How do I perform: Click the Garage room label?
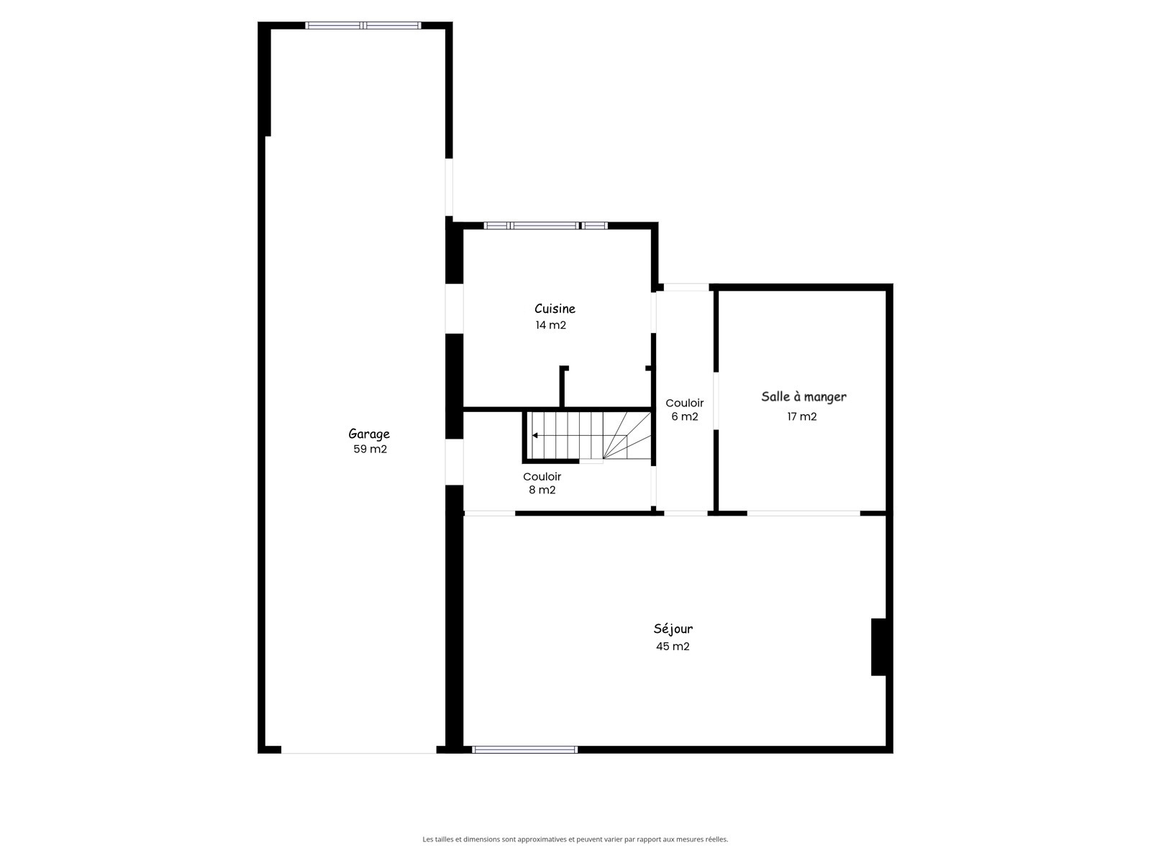[368, 434]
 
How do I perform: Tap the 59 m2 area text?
[370, 449]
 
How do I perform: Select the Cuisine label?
[554, 309]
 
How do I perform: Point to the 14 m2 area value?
[550, 325]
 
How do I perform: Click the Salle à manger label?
[804, 397]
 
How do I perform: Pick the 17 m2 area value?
[802, 416]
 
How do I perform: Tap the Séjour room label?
[673, 629]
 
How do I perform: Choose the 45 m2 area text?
[672, 646]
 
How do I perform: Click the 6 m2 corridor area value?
[684, 416]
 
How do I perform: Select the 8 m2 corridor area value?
[542, 490]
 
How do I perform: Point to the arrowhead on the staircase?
[535, 435]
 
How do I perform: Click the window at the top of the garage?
[363, 25]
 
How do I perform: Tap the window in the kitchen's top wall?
[545, 226]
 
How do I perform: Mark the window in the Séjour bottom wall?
[524, 750]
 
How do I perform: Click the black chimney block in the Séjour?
[878, 647]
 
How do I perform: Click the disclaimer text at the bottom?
[575, 839]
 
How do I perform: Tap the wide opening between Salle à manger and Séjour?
[804, 513]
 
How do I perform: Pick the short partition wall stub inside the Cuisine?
[563, 386]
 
